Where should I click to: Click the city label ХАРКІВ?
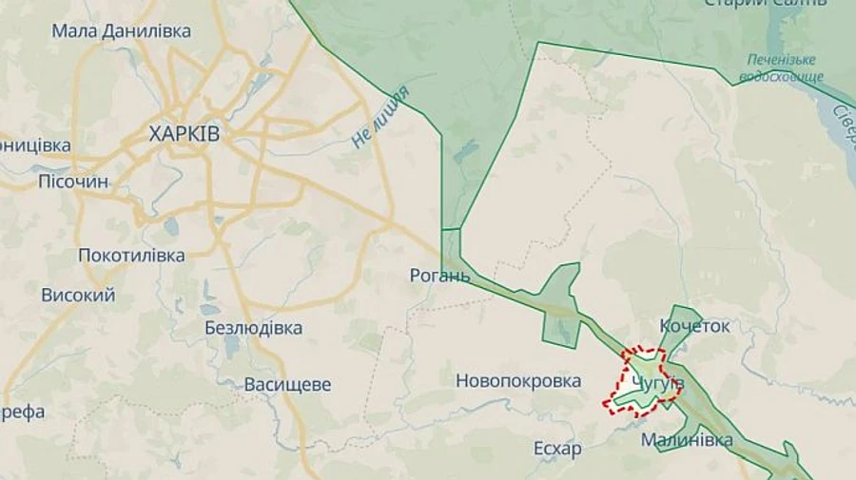click(185, 134)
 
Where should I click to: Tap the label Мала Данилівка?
click(121, 30)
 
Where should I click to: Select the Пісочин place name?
click(73, 182)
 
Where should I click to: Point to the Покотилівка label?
click(131, 255)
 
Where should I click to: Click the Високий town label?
click(78, 295)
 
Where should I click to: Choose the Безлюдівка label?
click(253, 328)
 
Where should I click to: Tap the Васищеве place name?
click(287, 385)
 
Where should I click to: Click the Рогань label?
click(438, 276)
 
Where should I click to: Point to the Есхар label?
click(557, 449)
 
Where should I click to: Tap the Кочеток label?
click(695, 326)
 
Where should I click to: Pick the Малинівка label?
click(687, 440)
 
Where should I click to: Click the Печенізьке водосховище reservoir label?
click(781, 67)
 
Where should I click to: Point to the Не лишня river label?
click(380, 118)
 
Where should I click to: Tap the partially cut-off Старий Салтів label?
click(765, 4)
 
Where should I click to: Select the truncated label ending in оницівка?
click(35, 145)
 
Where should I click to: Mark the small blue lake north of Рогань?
click(466, 151)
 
